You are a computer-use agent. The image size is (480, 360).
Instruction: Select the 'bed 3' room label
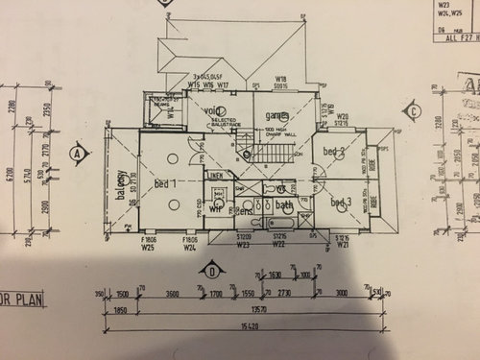[341, 202]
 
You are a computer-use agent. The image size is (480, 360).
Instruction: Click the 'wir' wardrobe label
[216, 205]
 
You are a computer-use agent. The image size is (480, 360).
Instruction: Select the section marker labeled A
[76, 152]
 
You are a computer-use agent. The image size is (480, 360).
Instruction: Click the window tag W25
[149, 247]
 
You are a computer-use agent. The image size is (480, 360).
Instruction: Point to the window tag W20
[342, 116]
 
